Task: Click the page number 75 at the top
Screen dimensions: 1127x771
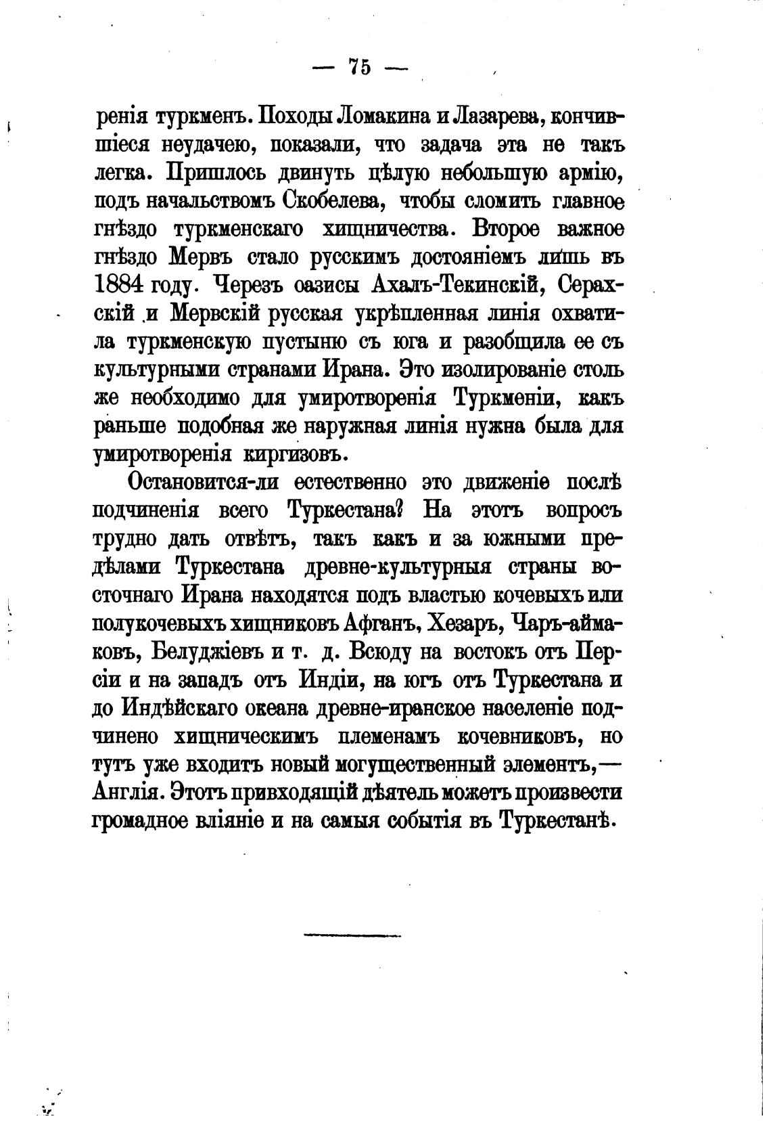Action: pos(359,66)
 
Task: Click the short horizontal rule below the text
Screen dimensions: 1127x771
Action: pos(352,936)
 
